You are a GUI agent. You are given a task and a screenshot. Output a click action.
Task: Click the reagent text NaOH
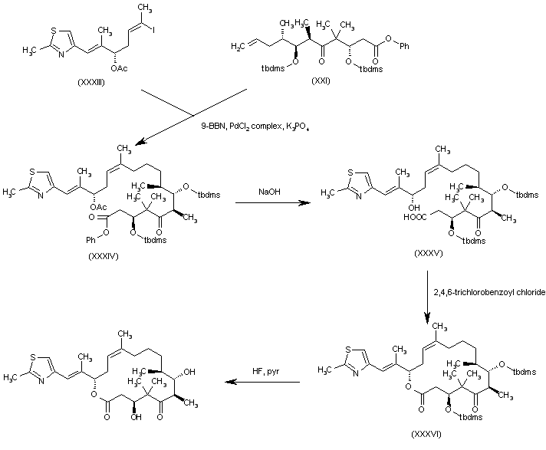(x=268, y=192)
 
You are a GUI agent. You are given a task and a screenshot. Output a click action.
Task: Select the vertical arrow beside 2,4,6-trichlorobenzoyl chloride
(x=429, y=295)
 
